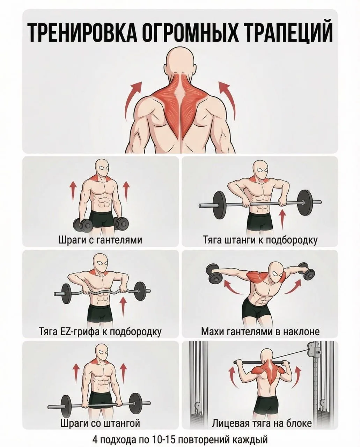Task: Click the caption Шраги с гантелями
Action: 100,240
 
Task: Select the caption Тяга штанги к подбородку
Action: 260,240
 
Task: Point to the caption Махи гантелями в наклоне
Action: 260,331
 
